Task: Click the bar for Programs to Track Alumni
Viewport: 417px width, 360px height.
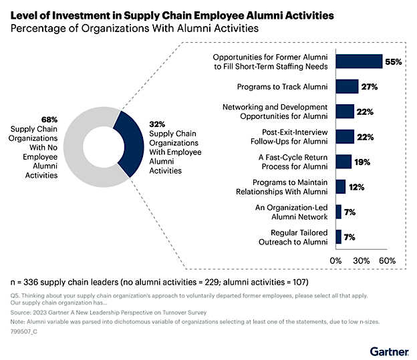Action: click(x=347, y=86)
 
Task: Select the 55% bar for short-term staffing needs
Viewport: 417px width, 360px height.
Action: click(x=359, y=61)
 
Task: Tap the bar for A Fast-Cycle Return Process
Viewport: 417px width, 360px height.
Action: click(x=343, y=162)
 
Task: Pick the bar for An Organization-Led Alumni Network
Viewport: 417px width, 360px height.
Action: click(x=338, y=211)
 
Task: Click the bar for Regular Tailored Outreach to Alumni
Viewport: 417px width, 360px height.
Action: click(x=338, y=236)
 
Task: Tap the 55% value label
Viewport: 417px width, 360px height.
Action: click(x=392, y=62)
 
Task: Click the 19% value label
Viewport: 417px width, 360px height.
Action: click(x=362, y=162)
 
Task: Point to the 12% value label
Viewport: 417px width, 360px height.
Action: click(x=356, y=187)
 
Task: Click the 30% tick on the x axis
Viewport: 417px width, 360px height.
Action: click(x=362, y=259)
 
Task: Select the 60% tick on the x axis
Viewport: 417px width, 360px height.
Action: click(x=387, y=259)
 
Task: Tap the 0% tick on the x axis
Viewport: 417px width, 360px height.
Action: click(x=337, y=259)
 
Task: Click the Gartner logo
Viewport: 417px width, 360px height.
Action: click(x=391, y=350)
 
